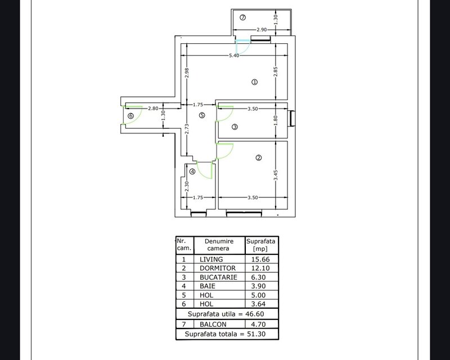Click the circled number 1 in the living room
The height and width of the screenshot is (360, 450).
pos(254,82)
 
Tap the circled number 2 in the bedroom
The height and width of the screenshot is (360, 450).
pos(258,158)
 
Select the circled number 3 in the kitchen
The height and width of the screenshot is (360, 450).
pos(235,127)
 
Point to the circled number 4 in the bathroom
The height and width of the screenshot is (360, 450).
pos(192,172)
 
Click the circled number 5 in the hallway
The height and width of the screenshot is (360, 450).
pos(202,115)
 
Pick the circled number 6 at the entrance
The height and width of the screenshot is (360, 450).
pos(130,116)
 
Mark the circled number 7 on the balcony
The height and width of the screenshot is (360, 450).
pos(242,17)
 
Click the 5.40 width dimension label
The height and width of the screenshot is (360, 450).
pos(234,56)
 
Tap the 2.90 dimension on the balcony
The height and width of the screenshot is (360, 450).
pos(262,29)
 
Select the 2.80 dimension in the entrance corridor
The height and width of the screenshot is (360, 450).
pos(152,109)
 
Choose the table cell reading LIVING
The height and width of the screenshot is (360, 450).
pos(211,259)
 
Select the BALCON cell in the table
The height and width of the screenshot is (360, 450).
pos(213,324)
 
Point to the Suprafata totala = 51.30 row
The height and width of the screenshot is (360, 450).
pos(228,334)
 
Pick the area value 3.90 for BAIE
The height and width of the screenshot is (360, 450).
pos(259,286)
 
